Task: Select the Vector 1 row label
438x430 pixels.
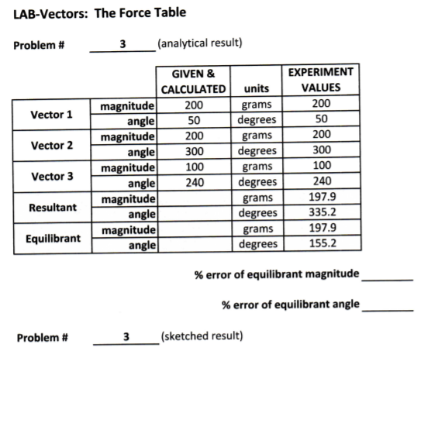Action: tap(51, 115)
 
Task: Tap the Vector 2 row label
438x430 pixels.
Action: tap(51, 145)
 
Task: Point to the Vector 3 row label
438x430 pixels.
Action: tap(51, 176)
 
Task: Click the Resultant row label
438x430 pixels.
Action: tap(52, 207)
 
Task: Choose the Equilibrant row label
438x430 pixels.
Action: tap(52, 238)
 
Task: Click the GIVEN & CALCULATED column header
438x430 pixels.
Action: tap(193, 81)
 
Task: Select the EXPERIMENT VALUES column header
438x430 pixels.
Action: tap(321, 80)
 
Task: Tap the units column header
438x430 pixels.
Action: tap(257, 88)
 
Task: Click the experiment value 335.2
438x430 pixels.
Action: tap(321, 212)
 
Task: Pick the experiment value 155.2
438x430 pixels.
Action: tap(321, 243)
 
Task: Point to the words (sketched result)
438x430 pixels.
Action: tap(201, 336)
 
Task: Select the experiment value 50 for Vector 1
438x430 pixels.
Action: tap(321, 119)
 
